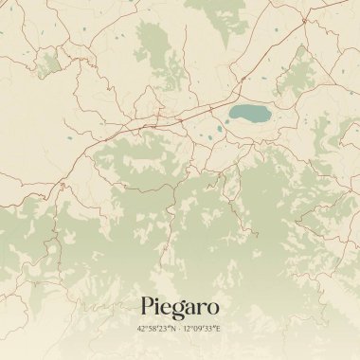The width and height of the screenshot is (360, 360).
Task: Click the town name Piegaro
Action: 180,307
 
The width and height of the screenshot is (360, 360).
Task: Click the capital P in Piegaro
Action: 148,306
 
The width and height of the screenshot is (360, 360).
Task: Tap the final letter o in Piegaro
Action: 213,308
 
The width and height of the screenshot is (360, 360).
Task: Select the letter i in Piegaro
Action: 158,306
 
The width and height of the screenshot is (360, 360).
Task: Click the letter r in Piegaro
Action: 202,308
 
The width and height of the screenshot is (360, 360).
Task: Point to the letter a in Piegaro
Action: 191,308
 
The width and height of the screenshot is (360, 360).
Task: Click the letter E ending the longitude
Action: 219,329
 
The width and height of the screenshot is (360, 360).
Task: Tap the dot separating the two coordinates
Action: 180,329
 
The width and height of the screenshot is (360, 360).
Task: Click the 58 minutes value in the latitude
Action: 153,329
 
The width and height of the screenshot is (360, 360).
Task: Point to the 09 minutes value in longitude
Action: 199,329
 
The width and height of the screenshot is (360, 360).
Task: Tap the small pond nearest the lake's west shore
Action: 220,127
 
